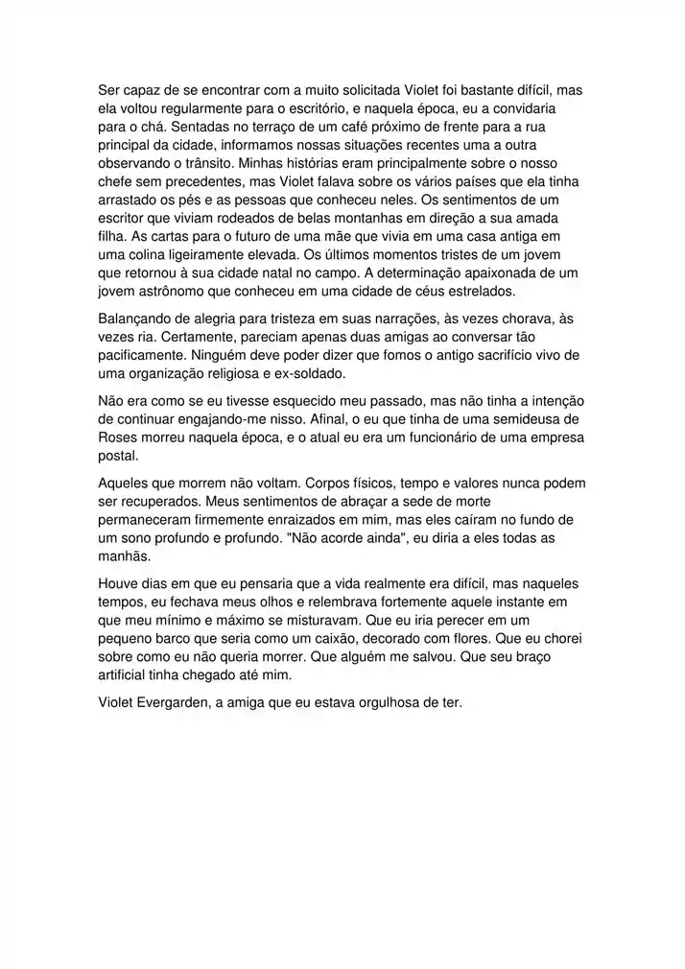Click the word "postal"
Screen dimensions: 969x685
[118, 455]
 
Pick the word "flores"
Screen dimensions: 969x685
[450, 637]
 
